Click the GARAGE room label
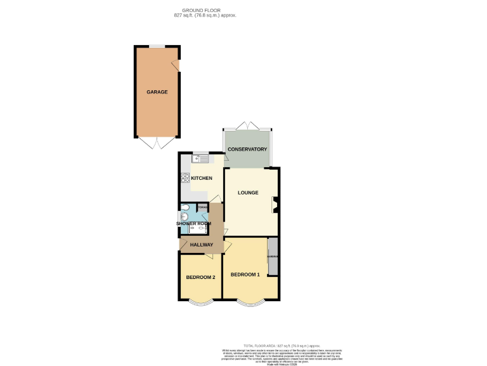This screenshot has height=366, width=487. pos(157,92)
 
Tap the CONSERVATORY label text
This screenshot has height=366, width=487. pos(247,149)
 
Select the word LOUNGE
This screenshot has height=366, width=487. pos(248,193)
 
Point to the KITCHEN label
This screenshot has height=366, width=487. pos(202,178)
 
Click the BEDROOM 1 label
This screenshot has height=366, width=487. pos(245,274)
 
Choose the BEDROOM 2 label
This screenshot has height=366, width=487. pos(200,278)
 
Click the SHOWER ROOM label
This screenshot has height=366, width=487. pos(193,224)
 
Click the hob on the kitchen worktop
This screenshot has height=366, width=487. pos(185,178)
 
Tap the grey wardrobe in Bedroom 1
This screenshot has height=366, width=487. pos(273,257)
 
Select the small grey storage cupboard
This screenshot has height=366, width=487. pos(203,208)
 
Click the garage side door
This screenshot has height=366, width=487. pos(178,66)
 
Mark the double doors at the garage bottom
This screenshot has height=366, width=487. pos(157,144)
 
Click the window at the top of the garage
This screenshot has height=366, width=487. pos(157,46)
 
